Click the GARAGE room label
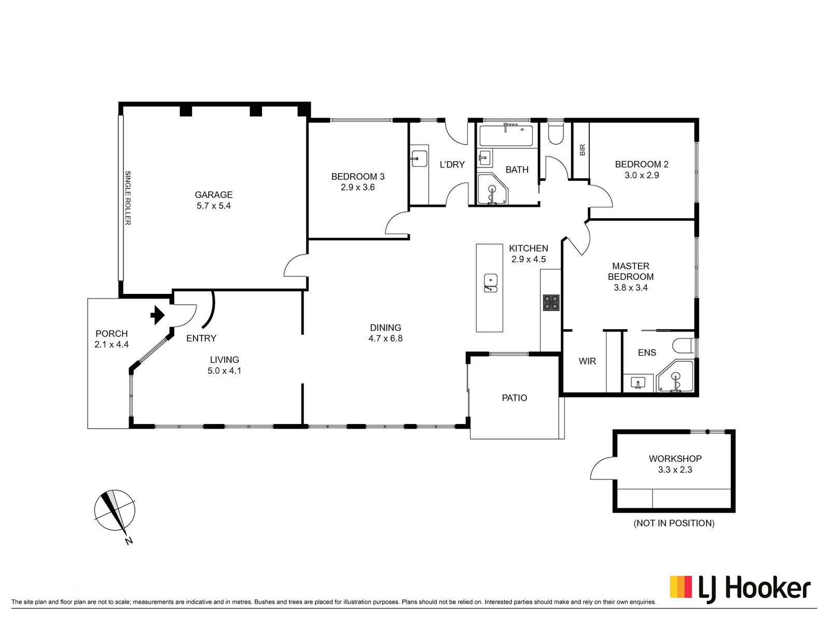click(214, 195)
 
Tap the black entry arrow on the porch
click(157, 315)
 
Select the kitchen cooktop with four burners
click(551, 303)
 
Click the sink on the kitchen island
click(490, 283)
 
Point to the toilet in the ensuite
click(683, 346)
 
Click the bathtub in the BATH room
click(506, 135)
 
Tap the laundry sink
click(419, 159)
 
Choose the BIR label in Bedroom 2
click(583, 150)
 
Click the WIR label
click(587, 361)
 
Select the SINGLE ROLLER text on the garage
click(128, 198)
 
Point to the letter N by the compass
click(129, 541)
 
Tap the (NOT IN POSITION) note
click(674, 523)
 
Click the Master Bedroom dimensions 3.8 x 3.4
click(631, 288)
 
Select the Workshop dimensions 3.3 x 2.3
click(675, 470)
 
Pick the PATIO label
click(514, 398)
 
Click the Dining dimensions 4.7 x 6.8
click(385, 338)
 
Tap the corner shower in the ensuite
click(675, 376)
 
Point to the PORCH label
click(112, 334)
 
